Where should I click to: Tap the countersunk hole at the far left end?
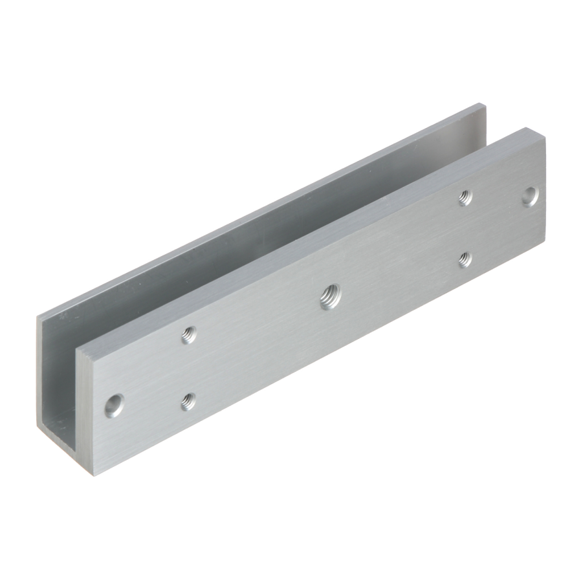pyautogui.click(x=115, y=405)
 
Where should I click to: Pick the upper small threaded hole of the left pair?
pyautogui.click(x=188, y=335)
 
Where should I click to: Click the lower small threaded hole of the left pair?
pyautogui.click(x=188, y=401)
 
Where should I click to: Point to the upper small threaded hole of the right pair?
pyautogui.click(x=465, y=197)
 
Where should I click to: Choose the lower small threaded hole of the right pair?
pyautogui.click(x=465, y=259)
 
